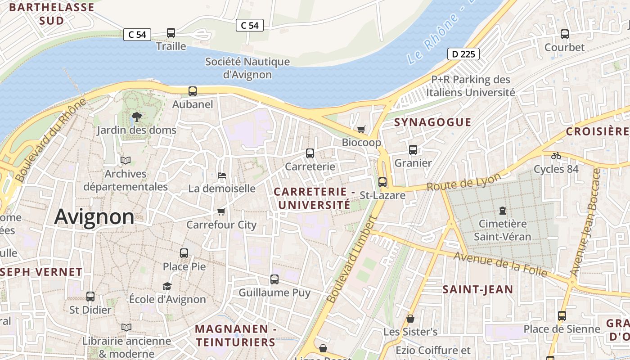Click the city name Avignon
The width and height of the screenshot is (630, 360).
tap(94, 217)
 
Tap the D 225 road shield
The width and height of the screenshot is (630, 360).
tap(463, 54)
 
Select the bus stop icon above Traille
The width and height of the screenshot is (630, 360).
tap(171, 32)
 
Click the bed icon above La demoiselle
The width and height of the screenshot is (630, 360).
tap(221, 175)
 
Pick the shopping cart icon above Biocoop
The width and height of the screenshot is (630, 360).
tap(361, 130)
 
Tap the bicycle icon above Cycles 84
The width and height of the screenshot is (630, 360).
tap(556, 156)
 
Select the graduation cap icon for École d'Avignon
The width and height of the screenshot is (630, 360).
tap(167, 286)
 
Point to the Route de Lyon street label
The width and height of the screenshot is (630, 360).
tap(463, 182)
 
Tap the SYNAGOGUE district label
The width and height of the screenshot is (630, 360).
tap(432, 122)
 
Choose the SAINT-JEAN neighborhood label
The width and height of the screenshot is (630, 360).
tap(477, 289)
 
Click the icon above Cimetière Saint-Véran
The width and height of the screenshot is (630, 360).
tap(502, 210)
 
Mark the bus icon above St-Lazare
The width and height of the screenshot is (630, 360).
tap(382, 182)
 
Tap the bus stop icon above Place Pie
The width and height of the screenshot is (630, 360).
tap(184, 253)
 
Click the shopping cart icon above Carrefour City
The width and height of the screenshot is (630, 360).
tap(221, 211)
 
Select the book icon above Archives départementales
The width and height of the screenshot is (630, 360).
tap(126, 160)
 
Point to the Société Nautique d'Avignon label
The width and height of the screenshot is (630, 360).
tap(247, 68)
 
